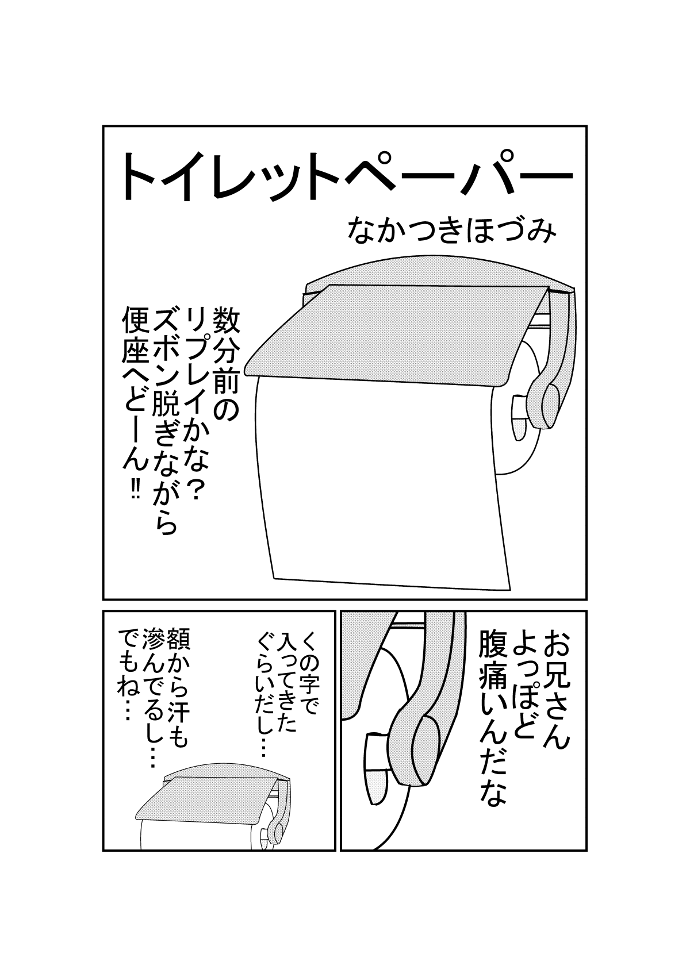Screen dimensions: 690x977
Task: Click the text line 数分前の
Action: tap(225, 364)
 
